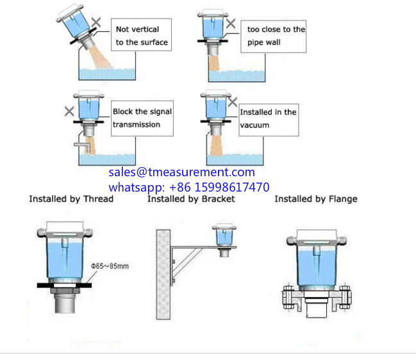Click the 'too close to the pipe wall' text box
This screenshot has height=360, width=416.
(276, 37)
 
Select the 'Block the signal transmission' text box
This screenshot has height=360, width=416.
(142, 118)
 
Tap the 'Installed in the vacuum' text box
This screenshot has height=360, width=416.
(268, 118)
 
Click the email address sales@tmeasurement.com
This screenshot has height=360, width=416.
(181, 172)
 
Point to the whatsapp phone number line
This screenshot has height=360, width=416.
(188, 187)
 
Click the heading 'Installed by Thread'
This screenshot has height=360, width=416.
(71, 199)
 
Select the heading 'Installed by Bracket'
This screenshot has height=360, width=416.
(191, 199)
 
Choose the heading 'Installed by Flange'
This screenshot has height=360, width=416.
(316, 199)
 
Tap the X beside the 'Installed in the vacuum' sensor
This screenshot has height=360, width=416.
(233, 101)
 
